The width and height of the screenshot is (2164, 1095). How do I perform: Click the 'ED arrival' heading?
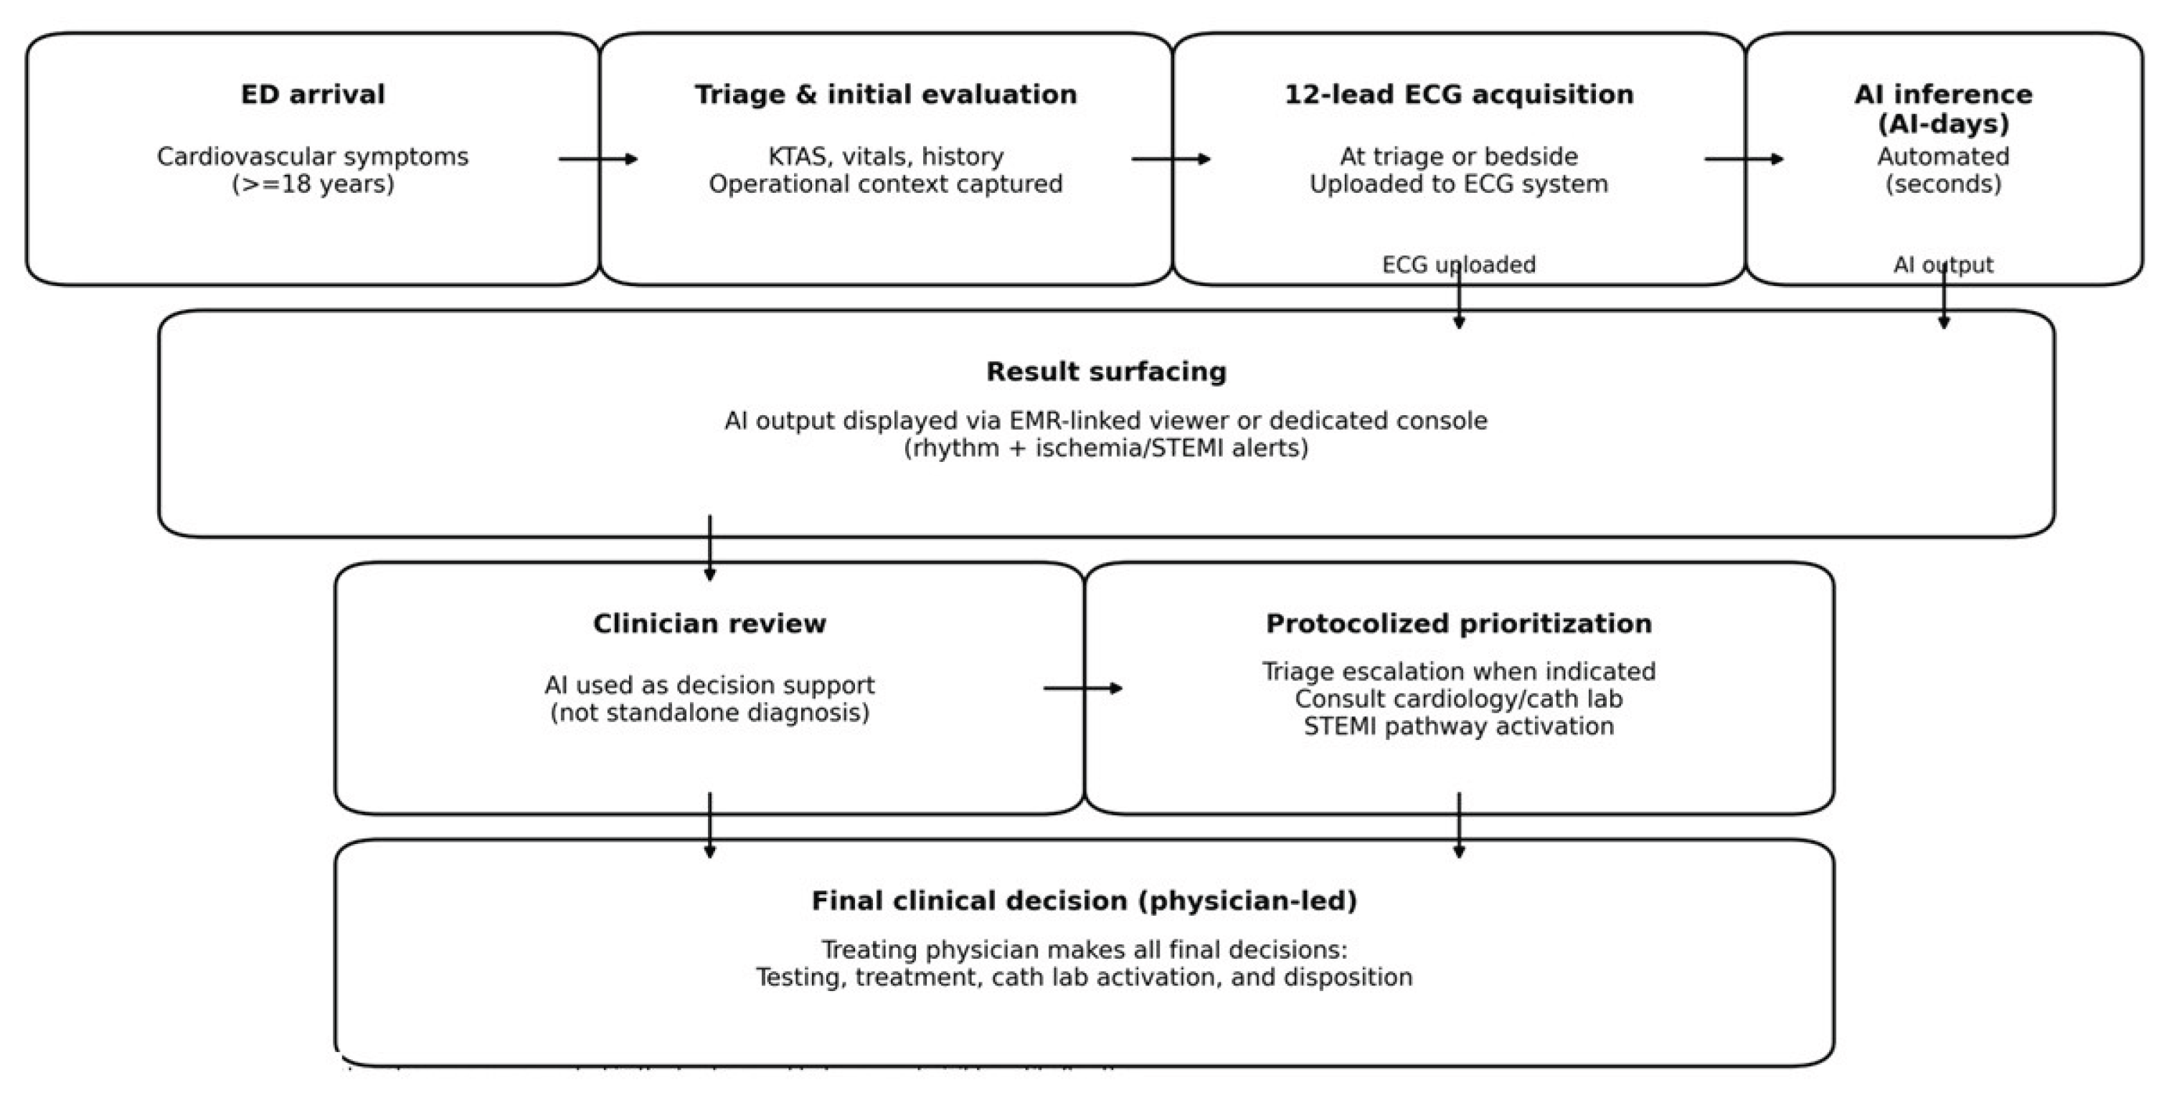point(313,94)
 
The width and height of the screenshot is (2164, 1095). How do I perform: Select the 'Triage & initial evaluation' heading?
point(885,94)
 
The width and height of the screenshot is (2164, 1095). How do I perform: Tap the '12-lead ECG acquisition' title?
point(1458,94)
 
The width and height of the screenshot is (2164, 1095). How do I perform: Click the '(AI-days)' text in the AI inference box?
point(1943,124)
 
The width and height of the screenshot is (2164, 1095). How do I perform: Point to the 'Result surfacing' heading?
point(1105,371)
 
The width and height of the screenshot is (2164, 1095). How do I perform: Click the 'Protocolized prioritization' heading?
point(1458,623)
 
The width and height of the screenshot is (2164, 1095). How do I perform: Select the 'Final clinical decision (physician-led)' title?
point(1084,900)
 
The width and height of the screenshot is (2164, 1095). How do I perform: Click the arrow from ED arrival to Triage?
point(597,158)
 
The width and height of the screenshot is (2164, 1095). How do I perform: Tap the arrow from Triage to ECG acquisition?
point(1170,158)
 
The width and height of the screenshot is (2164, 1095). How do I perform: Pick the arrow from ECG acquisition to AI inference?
point(1743,158)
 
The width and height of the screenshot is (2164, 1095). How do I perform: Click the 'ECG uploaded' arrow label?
point(1458,265)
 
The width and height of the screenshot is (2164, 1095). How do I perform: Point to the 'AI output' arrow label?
point(1942,265)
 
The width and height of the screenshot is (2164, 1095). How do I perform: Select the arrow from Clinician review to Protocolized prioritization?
point(1082,688)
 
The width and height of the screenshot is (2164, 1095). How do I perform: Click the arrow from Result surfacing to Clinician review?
point(710,548)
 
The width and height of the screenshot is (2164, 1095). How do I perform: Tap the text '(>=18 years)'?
point(313,184)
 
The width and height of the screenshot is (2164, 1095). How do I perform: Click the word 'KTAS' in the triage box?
point(795,157)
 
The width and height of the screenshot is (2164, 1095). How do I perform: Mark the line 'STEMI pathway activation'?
point(1458,726)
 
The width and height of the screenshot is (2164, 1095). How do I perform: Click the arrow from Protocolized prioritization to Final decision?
point(1459,825)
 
